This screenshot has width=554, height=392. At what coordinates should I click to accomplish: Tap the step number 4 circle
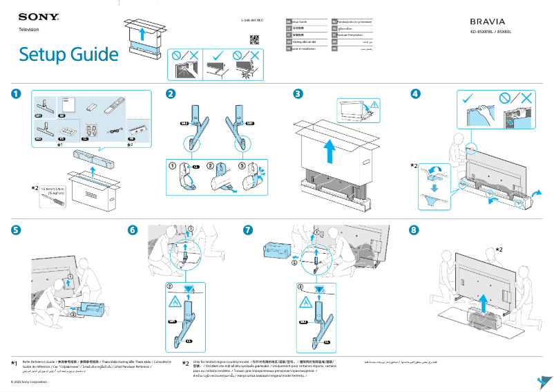415,94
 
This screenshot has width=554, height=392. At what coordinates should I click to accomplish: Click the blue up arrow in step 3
330,150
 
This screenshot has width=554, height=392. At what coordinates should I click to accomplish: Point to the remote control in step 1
114,106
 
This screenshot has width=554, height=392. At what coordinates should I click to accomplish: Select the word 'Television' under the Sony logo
28,30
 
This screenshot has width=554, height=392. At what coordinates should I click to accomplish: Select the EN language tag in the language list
289,23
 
